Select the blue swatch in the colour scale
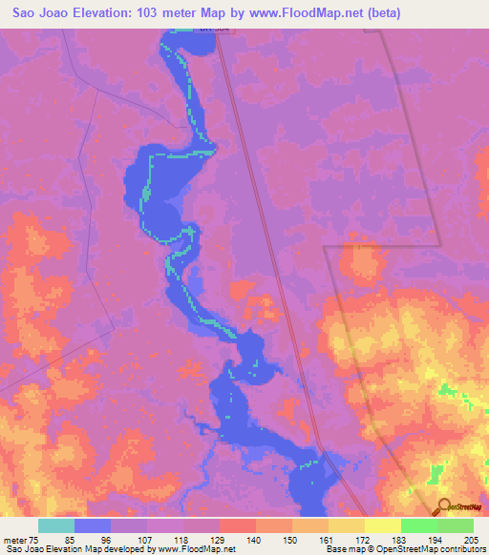[93, 525]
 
